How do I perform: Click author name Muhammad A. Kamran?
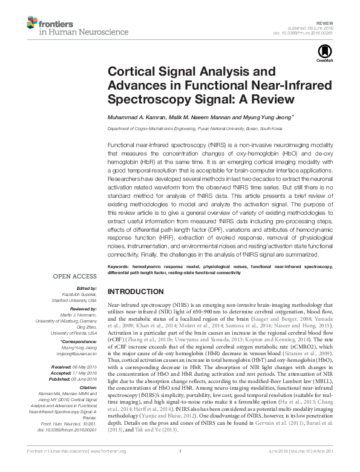click(134, 118)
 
